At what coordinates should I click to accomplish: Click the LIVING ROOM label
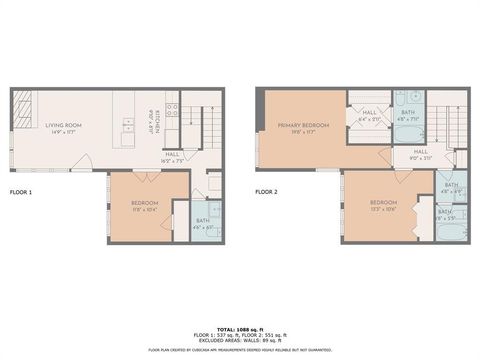[63, 125]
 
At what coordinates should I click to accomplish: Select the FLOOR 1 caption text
[21, 190]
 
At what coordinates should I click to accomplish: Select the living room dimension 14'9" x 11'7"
[63, 131]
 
